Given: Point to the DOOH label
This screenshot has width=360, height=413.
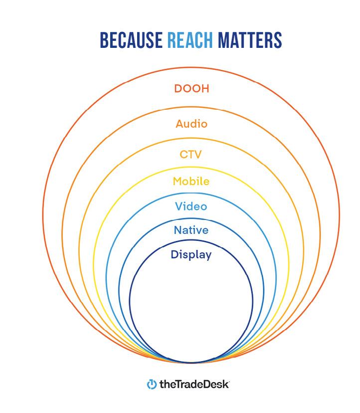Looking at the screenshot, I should click(191, 89).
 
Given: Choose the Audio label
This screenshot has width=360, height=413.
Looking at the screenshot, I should click(191, 123).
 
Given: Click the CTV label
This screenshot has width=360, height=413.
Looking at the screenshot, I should click(191, 154).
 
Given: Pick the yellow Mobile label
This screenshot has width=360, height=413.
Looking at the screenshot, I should click(191, 182).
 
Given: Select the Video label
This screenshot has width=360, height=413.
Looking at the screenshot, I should click(191, 206).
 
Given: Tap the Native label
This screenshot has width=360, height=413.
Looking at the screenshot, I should click(191, 230).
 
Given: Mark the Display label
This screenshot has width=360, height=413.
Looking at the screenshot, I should click(191, 255).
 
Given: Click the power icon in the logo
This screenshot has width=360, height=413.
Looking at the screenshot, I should click(151, 385).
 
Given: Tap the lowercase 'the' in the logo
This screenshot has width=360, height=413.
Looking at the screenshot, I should click(165, 385).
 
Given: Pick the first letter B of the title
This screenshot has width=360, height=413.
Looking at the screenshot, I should click(104, 40).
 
